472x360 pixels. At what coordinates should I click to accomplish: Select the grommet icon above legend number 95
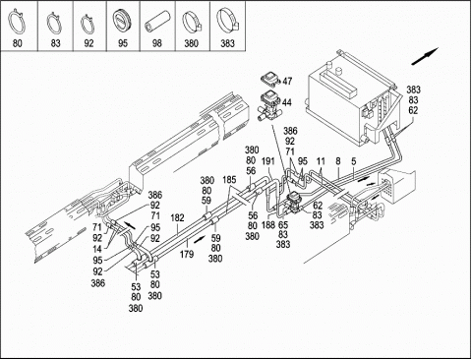click(x=122, y=22)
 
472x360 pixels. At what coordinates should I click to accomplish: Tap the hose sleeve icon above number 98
click(x=157, y=22)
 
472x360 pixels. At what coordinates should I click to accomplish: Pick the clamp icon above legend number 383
click(x=228, y=20)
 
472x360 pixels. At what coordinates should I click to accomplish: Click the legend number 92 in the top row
click(x=88, y=43)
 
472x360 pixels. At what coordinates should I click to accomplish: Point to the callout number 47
click(x=287, y=81)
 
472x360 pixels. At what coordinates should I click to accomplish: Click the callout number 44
click(x=286, y=102)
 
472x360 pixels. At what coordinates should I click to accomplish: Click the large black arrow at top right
click(x=425, y=56)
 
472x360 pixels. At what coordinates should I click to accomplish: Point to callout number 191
click(x=267, y=161)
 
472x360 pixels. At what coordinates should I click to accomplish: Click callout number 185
click(x=229, y=180)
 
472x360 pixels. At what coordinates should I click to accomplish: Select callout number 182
click(x=177, y=217)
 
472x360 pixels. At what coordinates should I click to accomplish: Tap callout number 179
click(x=187, y=254)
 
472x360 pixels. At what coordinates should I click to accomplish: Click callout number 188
click(x=268, y=225)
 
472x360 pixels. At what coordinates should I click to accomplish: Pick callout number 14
click(x=97, y=249)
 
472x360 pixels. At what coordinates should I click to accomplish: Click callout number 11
click(x=321, y=161)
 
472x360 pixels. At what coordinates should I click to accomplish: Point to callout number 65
click(x=283, y=225)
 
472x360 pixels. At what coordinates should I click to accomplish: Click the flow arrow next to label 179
click(x=200, y=239)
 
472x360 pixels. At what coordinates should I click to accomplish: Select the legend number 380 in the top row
click(x=191, y=43)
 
